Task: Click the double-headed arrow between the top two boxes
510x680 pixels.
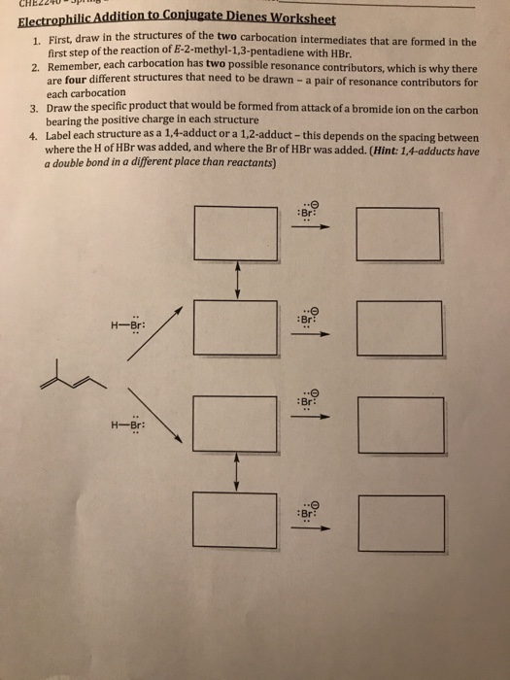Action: pos(236,282)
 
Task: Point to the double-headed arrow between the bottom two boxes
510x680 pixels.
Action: pos(236,473)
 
